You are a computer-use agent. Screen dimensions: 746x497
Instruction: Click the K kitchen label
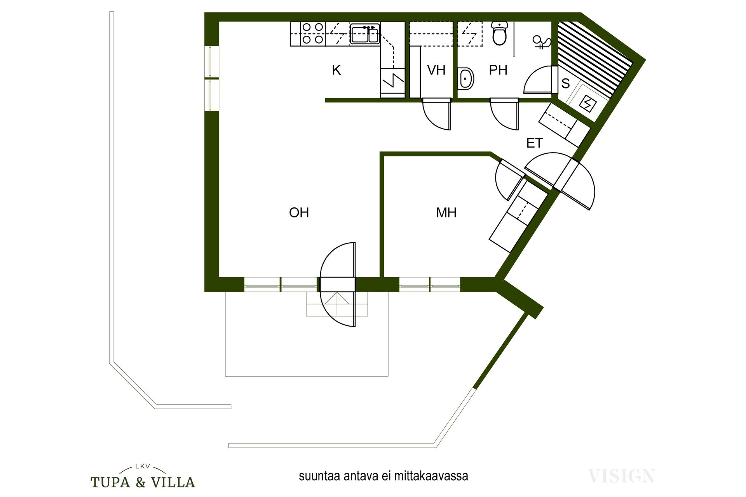point(336,70)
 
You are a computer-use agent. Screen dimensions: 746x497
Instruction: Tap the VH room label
point(436,70)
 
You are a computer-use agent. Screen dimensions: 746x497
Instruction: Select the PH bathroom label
point(498,70)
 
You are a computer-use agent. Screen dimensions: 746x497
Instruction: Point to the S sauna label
point(566,83)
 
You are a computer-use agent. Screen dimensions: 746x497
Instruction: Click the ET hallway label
point(534,143)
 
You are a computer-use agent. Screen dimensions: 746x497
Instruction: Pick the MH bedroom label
point(446,212)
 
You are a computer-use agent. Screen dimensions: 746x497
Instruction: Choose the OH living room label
point(299,212)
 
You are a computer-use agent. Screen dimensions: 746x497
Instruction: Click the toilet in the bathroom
point(500,33)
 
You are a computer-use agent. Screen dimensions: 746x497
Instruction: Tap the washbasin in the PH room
point(466,78)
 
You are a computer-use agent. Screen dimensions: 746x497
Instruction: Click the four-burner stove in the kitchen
point(313,33)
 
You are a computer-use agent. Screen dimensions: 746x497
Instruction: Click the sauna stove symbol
point(587,104)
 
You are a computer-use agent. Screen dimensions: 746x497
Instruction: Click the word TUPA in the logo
point(110,483)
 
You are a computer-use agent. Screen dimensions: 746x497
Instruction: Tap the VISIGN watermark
point(621,476)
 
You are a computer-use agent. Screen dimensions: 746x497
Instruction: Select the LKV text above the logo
point(143,467)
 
